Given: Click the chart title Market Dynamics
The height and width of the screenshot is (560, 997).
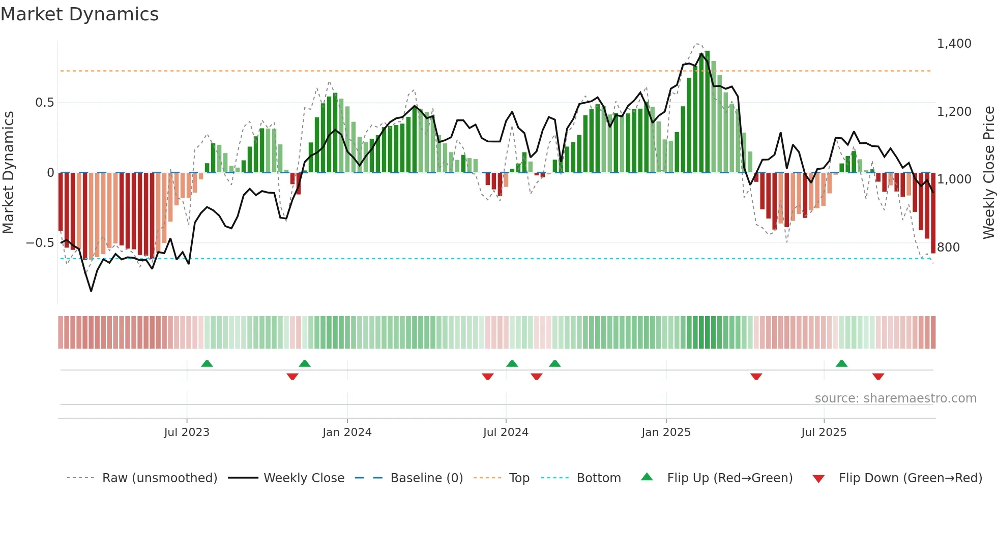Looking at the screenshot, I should tap(79, 14).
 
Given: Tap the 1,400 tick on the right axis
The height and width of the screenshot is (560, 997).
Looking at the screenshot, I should tap(954, 44).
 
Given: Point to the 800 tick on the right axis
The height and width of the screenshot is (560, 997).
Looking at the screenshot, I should tap(948, 247).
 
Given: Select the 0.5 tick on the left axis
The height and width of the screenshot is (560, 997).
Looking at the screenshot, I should tap(44, 103).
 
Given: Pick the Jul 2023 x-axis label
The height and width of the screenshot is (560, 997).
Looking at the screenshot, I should tap(187, 432).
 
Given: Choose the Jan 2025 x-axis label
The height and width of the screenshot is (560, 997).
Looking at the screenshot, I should tap(666, 432).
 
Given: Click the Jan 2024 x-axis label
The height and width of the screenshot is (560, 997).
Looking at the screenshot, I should tap(347, 432).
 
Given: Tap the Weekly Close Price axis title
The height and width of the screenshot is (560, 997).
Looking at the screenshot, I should tap(988, 172).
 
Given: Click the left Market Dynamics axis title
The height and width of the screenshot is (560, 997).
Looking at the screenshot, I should tap(8, 172).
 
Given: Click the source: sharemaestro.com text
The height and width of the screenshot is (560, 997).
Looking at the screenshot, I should tap(895, 398).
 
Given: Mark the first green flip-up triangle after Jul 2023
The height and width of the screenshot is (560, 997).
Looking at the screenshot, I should tap(207, 364).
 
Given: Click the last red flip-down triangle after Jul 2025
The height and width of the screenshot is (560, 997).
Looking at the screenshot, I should tap(878, 377).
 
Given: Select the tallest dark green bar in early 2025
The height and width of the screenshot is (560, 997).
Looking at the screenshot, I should tap(707, 112).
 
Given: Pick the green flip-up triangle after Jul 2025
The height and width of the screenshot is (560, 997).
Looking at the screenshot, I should tap(841, 364).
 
